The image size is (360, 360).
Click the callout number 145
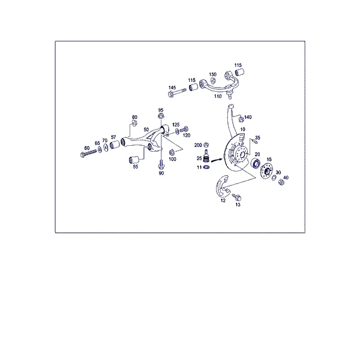(x=172, y=88)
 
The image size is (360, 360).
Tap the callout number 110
(x=218, y=96)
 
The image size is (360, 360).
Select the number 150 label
(x=212, y=74)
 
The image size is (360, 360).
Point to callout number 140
(x=248, y=117)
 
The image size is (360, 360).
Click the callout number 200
(x=198, y=145)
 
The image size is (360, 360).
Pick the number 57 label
(x=113, y=137)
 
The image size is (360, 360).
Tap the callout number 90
(x=161, y=173)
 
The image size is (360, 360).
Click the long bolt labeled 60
(x=89, y=153)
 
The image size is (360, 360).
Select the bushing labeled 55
(x=133, y=160)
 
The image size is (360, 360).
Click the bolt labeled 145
(x=177, y=92)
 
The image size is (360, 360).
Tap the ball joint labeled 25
(x=206, y=155)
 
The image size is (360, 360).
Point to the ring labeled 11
(x=206, y=167)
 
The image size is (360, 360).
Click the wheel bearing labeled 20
(x=256, y=163)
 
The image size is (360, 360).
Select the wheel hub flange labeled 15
(x=266, y=170)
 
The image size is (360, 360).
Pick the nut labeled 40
(x=281, y=182)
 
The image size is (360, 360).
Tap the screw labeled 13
(x=236, y=197)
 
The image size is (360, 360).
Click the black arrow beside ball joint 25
(x=217, y=160)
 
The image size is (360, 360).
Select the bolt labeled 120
(x=184, y=130)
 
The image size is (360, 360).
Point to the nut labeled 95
(x=161, y=116)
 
